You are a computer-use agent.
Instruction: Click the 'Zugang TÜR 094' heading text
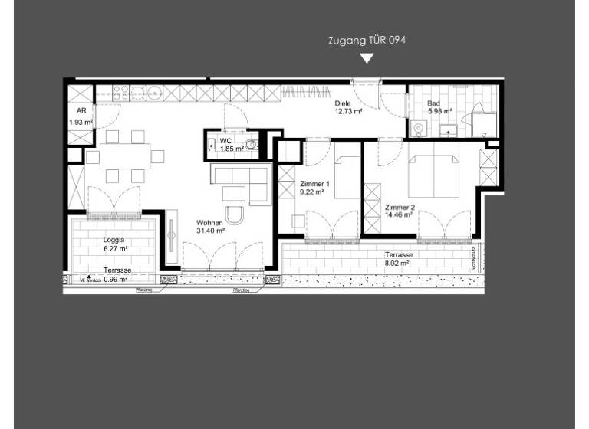367,40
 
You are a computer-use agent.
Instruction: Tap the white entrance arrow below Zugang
367,58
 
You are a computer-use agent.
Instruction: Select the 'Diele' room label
343,103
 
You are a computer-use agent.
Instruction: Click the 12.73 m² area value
348,111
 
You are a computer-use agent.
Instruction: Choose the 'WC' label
226,141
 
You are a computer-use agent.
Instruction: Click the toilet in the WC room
250,145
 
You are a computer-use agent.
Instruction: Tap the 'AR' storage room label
81,112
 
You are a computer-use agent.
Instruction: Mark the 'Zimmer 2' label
400,208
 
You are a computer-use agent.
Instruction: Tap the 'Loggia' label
114,240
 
